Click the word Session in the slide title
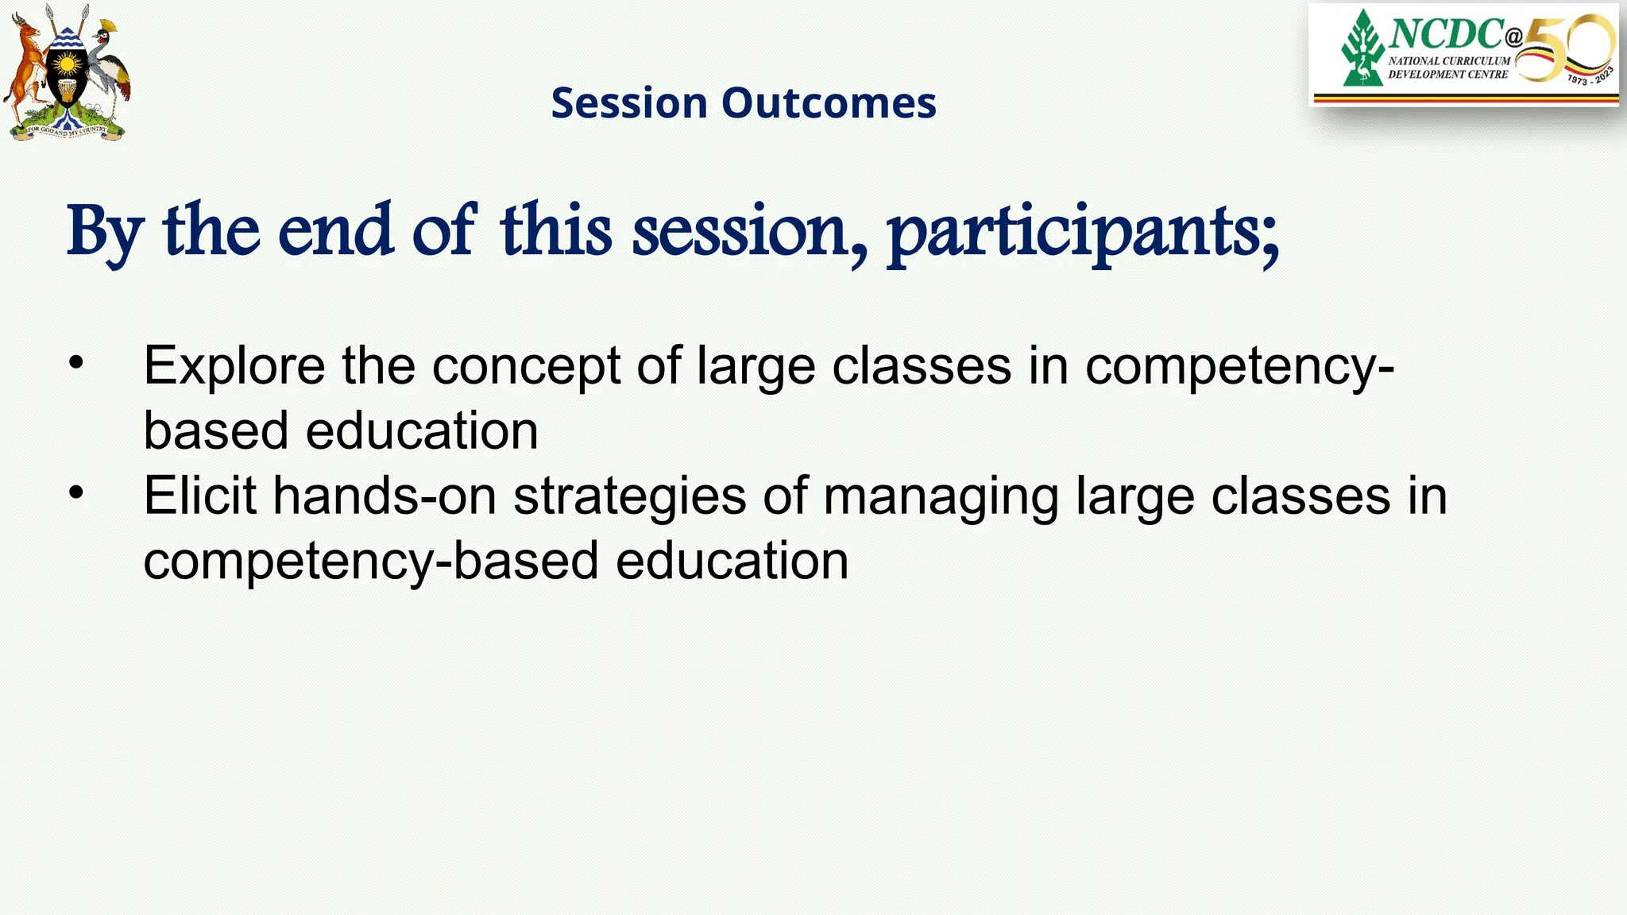tap(628, 103)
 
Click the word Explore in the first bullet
tap(234, 366)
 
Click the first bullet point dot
tap(75, 363)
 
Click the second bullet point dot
tap(75, 492)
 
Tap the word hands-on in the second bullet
tap(385, 496)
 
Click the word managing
tap(941, 497)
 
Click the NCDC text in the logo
tap(1446, 33)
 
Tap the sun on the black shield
tap(67, 64)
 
